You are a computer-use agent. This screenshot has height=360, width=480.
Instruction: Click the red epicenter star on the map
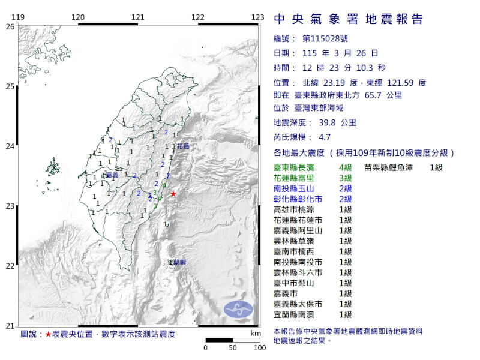pos(173,193)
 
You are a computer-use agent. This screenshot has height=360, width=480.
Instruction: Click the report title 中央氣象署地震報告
pos(349,19)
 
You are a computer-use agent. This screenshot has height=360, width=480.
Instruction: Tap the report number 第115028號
pos(323,39)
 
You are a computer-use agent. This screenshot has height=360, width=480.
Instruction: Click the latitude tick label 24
pos(10,146)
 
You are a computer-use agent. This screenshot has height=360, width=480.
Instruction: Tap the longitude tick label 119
pos(18,17)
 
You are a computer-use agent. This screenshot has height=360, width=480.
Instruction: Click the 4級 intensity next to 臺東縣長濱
pos(345,168)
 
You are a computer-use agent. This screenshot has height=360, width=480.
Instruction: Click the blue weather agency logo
pos(239,309)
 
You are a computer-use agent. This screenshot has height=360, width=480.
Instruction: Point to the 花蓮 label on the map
pos(184,146)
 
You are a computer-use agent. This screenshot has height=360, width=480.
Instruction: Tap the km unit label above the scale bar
pos(256,332)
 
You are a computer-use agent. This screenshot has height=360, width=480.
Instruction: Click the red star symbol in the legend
pos(48,334)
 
